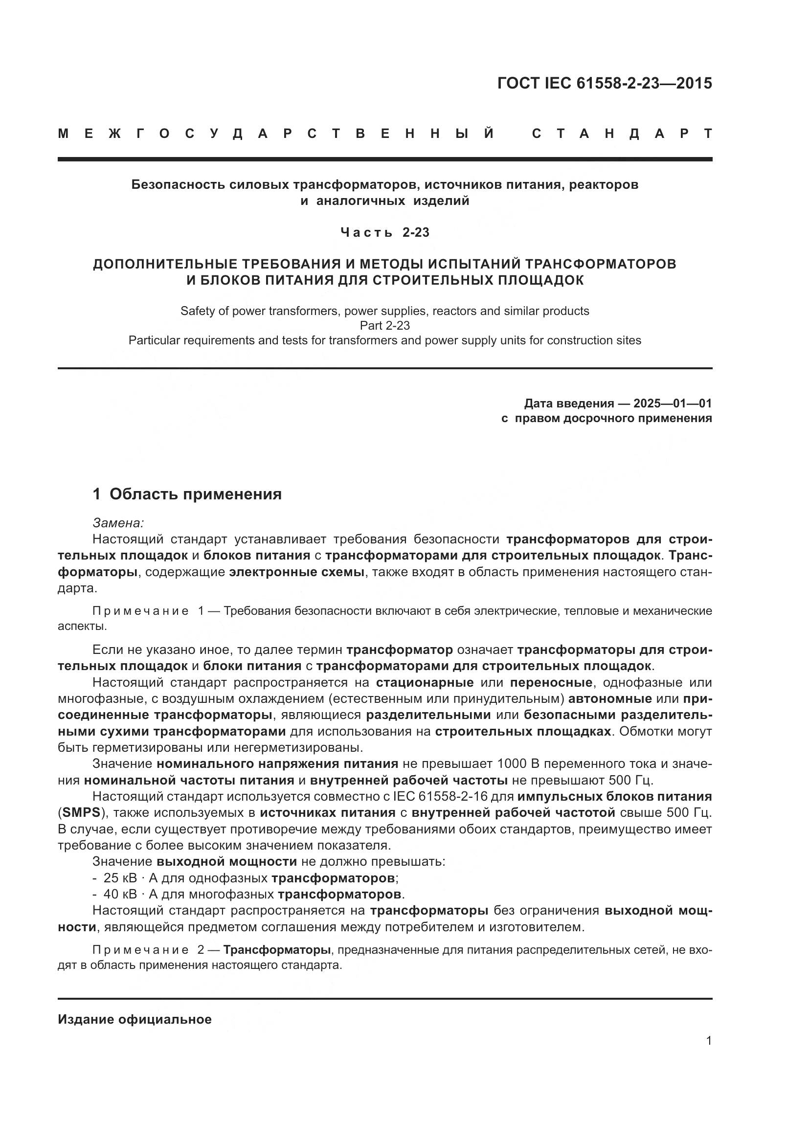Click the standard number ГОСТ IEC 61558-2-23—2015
(604, 83)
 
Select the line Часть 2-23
(384, 233)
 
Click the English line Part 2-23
(384, 325)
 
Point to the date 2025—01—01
(673, 403)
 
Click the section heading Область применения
(195, 494)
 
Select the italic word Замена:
(118, 523)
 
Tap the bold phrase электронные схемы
(297, 572)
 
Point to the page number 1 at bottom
(708, 1041)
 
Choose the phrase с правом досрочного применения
(606, 419)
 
